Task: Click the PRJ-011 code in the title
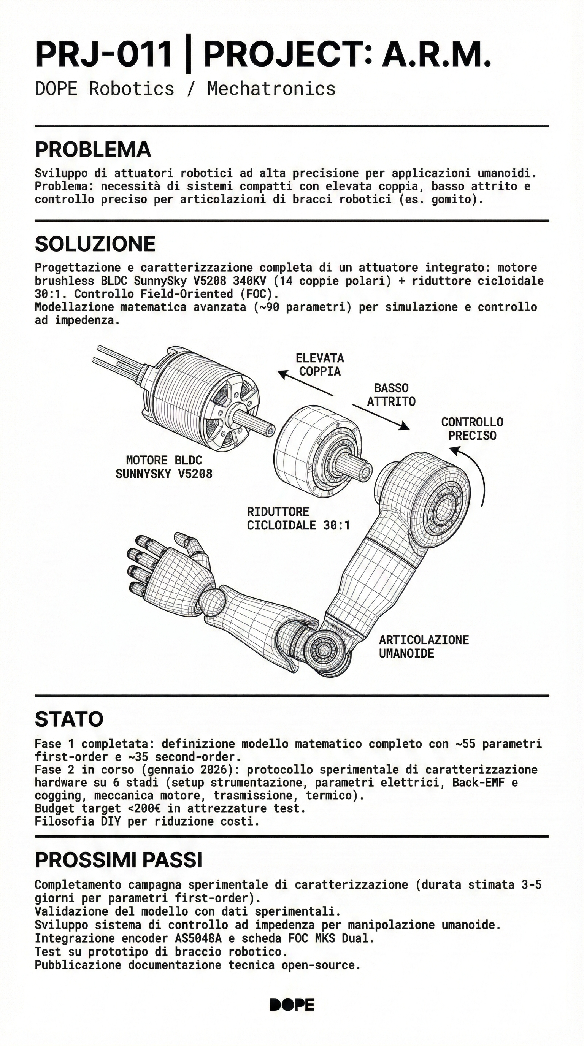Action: (x=103, y=55)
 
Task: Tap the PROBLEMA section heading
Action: (x=93, y=150)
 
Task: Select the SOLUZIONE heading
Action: (x=95, y=244)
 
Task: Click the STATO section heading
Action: (x=69, y=720)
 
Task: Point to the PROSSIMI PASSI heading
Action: (x=118, y=860)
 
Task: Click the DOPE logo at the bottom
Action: (x=292, y=1005)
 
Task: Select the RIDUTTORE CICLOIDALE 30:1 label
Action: (x=298, y=518)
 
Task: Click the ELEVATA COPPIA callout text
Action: (x=320, y=365)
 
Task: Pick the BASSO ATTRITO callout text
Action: (x=391, y=395)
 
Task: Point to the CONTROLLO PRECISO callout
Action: (x=472, y=429)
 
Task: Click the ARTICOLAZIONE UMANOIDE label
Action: (x=424, y=647)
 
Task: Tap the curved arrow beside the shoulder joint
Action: (x=475, y=471)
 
